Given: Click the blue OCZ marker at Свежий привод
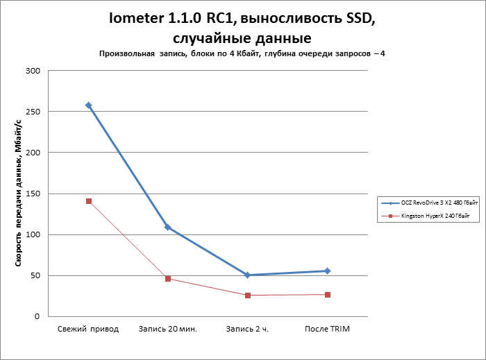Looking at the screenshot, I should (89, 105).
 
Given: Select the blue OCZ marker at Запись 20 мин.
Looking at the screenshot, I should (168, 227).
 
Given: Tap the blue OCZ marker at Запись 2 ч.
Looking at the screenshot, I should (248, 275).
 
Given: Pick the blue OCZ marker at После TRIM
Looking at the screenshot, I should (328, 271).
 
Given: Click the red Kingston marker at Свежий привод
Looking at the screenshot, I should (89, 201).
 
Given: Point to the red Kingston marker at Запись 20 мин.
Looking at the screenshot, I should (168, 279).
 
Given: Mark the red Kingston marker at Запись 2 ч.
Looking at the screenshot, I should (248, 295).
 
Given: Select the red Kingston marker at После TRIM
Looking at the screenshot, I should (328, 295).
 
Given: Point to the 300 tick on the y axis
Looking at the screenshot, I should (33, 71).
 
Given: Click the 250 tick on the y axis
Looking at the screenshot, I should (33, 112).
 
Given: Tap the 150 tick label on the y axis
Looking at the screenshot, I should (33, 194).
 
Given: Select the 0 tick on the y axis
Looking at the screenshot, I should (37, 316).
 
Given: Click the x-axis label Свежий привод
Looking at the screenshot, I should (88, 329).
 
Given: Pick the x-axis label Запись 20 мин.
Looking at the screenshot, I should (168, 329).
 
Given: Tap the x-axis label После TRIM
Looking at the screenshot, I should (328, 329).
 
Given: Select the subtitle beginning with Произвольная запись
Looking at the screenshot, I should (242, 53).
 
